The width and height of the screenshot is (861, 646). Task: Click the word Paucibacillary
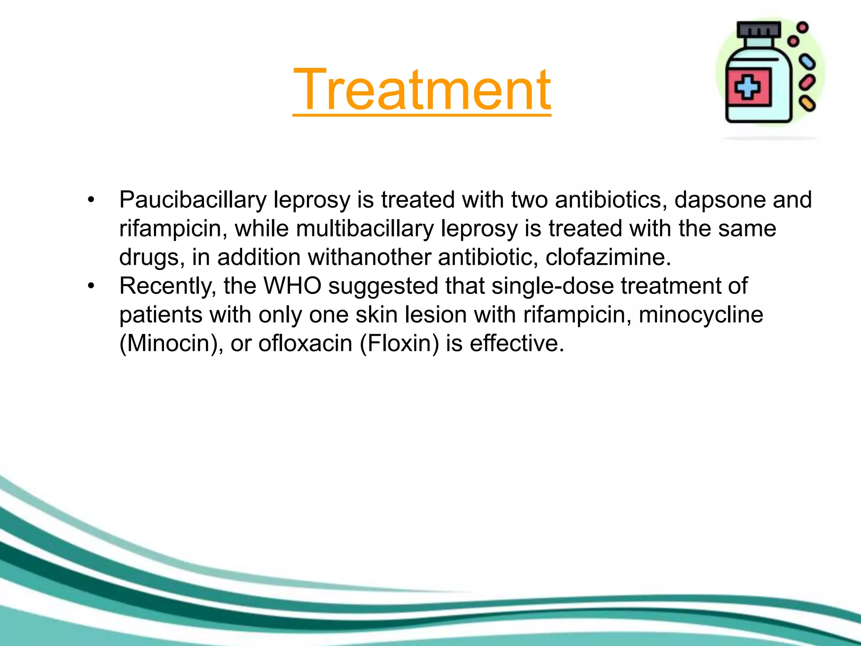tap(193, 200)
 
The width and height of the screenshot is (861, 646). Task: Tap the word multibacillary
tap(364, 229)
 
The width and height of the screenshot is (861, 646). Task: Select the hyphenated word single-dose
tap(552, 286)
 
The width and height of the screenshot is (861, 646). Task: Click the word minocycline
tap(701, 315)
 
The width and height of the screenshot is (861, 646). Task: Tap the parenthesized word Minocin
tap(172, 343)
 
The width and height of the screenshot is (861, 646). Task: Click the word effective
tap(517, 343)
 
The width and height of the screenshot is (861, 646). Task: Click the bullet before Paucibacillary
tap(91, 200)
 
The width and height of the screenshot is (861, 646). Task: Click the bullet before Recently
tap(91, 286)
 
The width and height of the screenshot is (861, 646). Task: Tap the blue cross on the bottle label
tap(747, 87)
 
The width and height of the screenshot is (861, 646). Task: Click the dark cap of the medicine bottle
tap(759, 29)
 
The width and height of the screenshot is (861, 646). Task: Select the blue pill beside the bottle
tap(807, 63)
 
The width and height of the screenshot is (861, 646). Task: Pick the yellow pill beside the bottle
tap(807, 103)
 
